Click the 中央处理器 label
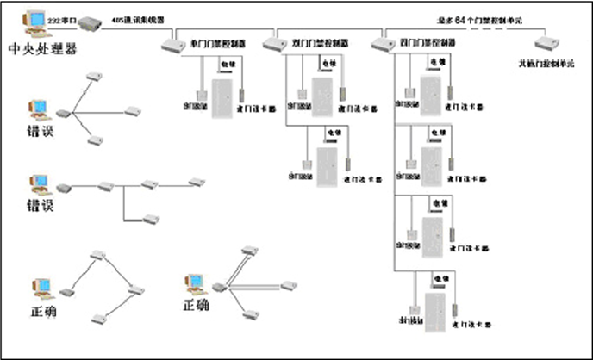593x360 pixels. point(41,48)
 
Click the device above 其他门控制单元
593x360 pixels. point(546,43)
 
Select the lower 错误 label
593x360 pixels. point(41,205)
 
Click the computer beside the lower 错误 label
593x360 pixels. point(38,183)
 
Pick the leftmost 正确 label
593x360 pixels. point(43,310)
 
